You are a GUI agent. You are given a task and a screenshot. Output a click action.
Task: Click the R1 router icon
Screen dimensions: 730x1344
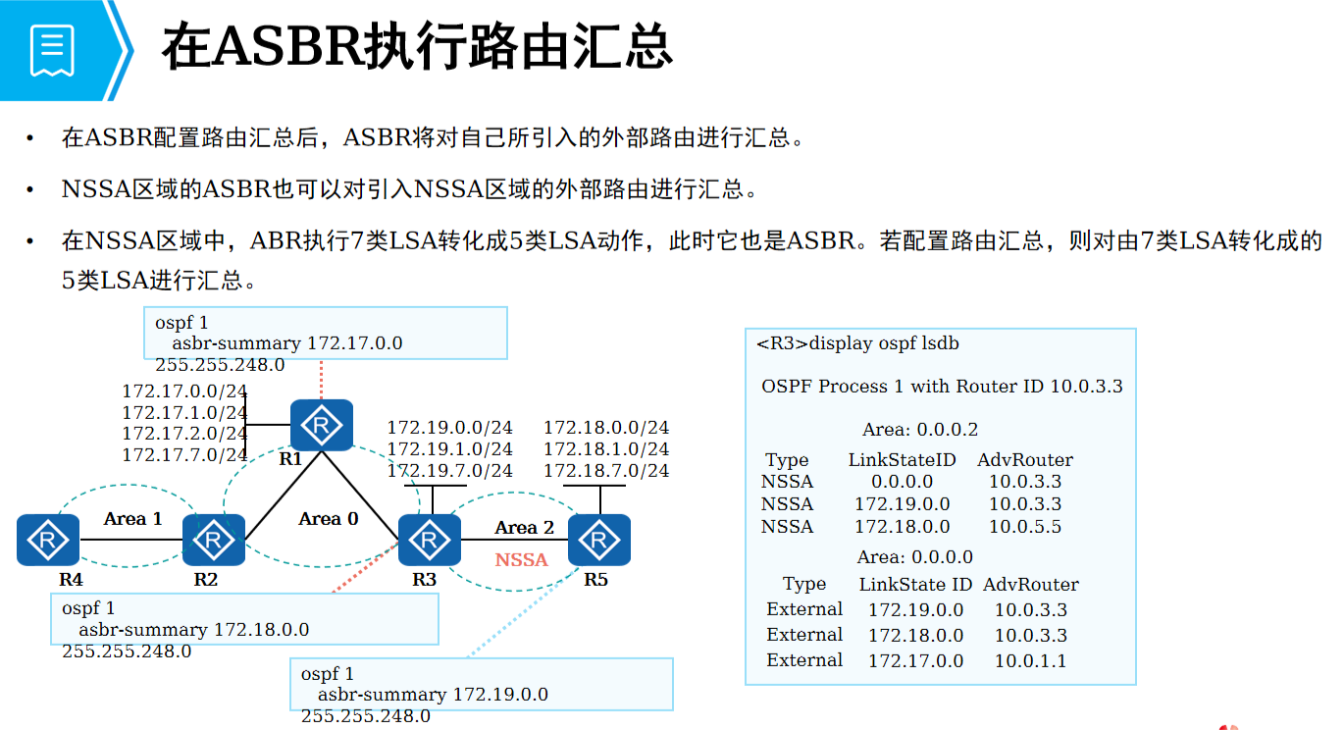322,425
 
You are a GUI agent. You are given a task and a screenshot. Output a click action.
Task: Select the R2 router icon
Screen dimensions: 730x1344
213,540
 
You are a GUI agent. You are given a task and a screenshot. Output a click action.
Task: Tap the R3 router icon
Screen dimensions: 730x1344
429,540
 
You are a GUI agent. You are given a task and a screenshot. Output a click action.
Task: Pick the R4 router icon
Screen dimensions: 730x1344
47,540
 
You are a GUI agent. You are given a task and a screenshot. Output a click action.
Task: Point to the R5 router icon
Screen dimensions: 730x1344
598,540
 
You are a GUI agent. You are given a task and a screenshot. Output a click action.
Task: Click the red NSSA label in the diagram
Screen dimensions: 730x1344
521,559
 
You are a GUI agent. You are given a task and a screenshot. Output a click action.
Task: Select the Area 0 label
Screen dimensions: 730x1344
329,518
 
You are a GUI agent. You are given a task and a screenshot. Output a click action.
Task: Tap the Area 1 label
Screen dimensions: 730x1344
133,518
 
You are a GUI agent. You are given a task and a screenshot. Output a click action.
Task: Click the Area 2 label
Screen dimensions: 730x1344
524,528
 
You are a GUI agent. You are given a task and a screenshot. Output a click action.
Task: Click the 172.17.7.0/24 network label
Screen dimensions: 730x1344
184,455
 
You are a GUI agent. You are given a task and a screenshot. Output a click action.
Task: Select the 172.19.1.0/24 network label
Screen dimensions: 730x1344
449,449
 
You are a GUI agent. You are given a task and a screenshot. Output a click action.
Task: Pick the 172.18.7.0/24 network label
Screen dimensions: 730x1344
606,471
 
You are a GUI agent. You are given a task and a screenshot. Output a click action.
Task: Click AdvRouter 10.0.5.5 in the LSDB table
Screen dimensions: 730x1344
1024,527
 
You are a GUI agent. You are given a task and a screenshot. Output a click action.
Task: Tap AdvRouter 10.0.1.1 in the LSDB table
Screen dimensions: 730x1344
1030,661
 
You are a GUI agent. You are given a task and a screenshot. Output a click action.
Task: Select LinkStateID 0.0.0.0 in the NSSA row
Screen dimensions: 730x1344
902,482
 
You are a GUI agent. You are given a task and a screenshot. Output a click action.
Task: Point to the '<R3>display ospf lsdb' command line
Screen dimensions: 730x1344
857,343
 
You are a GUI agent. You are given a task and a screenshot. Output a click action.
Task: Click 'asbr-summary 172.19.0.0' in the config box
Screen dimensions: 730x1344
433,695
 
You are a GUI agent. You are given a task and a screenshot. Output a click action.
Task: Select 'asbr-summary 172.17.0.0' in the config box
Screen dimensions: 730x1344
287,343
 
